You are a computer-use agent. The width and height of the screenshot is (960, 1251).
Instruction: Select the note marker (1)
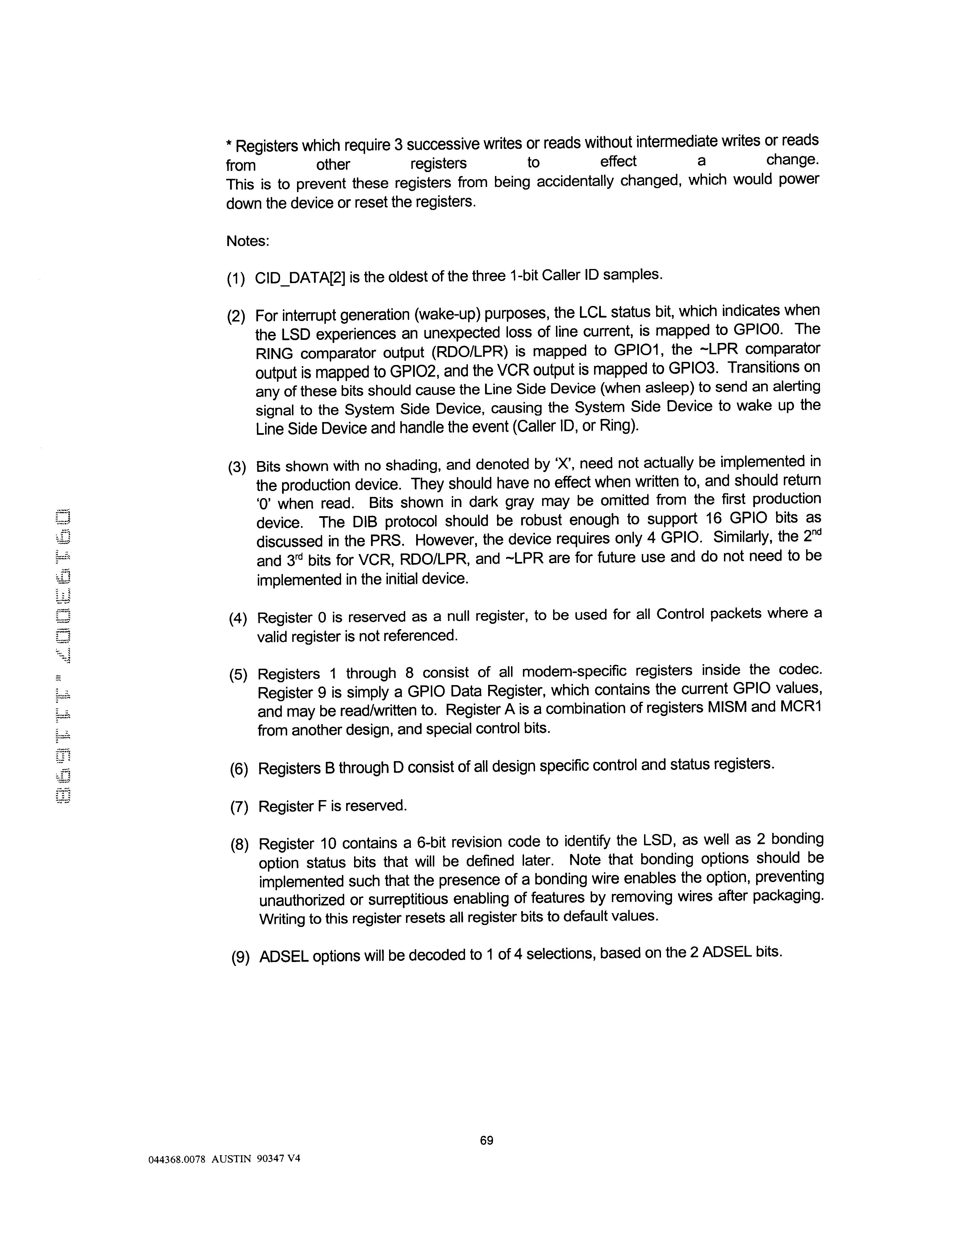pyautogui.click(x=236, y=279)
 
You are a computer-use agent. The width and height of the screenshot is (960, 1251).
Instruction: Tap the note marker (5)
pyautogui.click(x=238, y=675)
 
